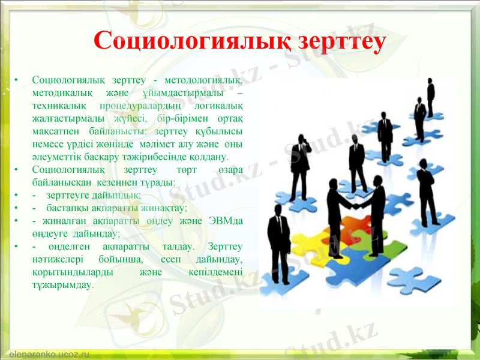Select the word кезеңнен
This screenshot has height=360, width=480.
click(x=97, y=181)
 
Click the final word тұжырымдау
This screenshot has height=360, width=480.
click(x=63, y=284)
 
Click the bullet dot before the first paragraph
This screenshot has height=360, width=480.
click(x=17, y=80)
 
